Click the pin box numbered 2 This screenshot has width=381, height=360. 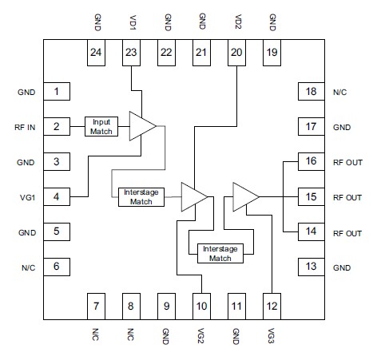[x=57, y=126]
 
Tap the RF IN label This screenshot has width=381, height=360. [x=26, y=127]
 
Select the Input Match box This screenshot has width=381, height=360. [x=101, y=126]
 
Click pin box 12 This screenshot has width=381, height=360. [x=272, y=304]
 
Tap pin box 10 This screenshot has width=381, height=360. [x=202, y=304]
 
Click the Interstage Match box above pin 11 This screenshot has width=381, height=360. [x=220, y=253]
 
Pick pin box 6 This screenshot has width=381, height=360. [x=57, y=267]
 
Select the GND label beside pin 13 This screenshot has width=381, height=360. [x=340, y=267]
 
